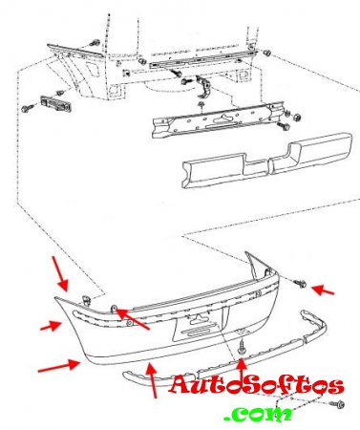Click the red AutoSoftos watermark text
point(257,385)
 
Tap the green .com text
point(258,413)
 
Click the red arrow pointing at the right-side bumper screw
point(323,290)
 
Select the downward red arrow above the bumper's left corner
point(60,273)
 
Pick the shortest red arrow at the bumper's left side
point(51,326)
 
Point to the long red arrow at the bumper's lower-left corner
point(59,365)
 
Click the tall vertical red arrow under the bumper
point(153,381)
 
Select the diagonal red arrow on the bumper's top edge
point(133,319)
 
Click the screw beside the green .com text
point(337,404)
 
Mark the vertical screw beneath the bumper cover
point(242,346)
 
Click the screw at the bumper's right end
point(300,283)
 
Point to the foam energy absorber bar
point(266,161)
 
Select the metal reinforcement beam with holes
point(218,120)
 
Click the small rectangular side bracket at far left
point(56,103)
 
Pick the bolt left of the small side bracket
point(28,108)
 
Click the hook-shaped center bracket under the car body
point(203,86)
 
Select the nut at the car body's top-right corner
point(267,53)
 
